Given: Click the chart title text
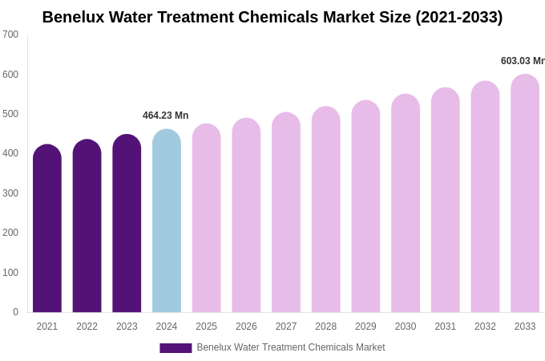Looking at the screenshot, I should [272, 17].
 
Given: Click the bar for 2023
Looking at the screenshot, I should [127, 224].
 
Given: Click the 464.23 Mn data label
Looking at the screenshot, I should [166, 116].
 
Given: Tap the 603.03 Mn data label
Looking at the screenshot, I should [522, 61].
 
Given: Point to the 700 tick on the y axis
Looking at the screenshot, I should [10, 34].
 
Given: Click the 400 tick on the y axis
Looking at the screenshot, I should [10, 153].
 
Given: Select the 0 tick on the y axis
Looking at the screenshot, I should [15, 312].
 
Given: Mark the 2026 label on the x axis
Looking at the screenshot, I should [246, 327].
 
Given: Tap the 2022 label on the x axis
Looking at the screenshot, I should [87, 327].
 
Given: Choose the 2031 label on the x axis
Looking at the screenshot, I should [446, 327].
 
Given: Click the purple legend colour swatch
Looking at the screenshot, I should [176, 348].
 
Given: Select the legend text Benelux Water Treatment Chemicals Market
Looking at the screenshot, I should [291, 347].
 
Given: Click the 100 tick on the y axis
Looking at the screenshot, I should [10, 273].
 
